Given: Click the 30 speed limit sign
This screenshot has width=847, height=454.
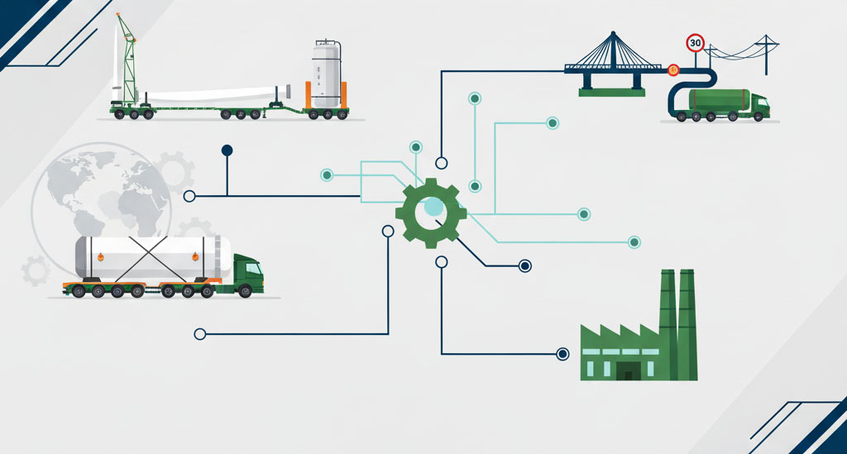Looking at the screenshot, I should (695, 42).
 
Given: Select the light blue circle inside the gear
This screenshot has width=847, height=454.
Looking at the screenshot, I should (433, 206).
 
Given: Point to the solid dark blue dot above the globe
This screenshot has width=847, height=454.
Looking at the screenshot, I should (227, 151).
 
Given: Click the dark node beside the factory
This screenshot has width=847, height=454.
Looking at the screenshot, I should (562, 354).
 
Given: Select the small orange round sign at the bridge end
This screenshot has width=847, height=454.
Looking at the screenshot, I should (673, 70).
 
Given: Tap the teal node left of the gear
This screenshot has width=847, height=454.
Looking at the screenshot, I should (327, 174).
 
